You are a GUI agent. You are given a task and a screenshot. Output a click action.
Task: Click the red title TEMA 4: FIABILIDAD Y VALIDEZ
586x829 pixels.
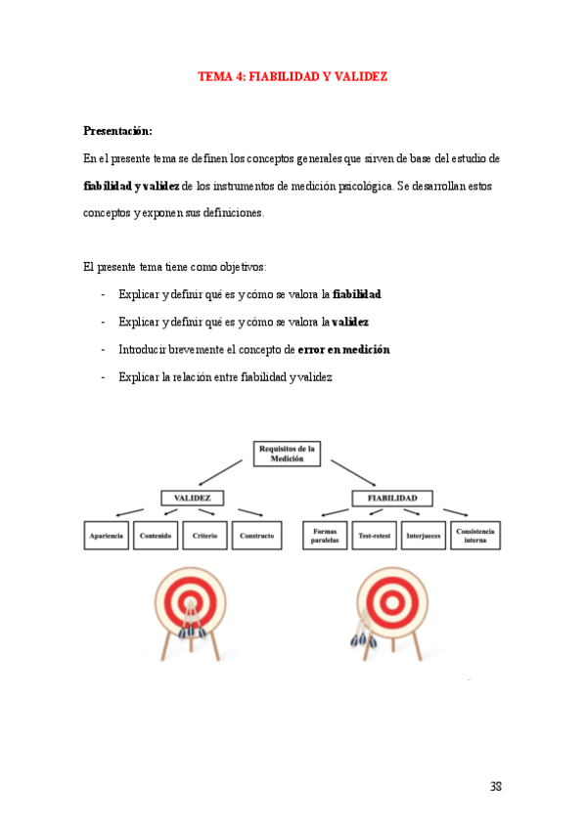tap(293, 75)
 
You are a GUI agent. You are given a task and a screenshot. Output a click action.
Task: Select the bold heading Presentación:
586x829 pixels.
tap(117, 130)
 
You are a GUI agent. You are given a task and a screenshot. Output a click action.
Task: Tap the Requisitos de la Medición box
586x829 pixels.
tap(287, 455)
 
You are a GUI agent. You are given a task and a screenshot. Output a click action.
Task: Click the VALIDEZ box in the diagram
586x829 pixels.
tap(193, 499)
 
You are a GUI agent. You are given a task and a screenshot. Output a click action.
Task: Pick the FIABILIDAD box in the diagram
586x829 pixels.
tap(392, 499)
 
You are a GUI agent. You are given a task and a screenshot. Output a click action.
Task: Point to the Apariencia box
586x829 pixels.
tap(107, 536)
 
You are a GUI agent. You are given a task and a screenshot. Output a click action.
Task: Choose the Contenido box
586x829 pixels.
tap(157, 536)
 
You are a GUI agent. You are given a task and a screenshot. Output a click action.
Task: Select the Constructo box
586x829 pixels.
tap(257, 536)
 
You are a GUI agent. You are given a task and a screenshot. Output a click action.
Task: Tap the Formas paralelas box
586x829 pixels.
tap(325, 536)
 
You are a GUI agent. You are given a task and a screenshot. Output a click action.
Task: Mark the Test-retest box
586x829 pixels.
tap(375, 536)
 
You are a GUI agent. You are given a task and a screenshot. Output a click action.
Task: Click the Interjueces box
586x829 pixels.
tap(424, 536)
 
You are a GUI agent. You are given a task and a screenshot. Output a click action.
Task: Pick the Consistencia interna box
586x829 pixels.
tap(475, 536)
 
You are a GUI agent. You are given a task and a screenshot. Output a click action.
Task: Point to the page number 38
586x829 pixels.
tap(495, 787)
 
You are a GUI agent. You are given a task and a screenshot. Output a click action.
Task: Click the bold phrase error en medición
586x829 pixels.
tap(343, 349)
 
